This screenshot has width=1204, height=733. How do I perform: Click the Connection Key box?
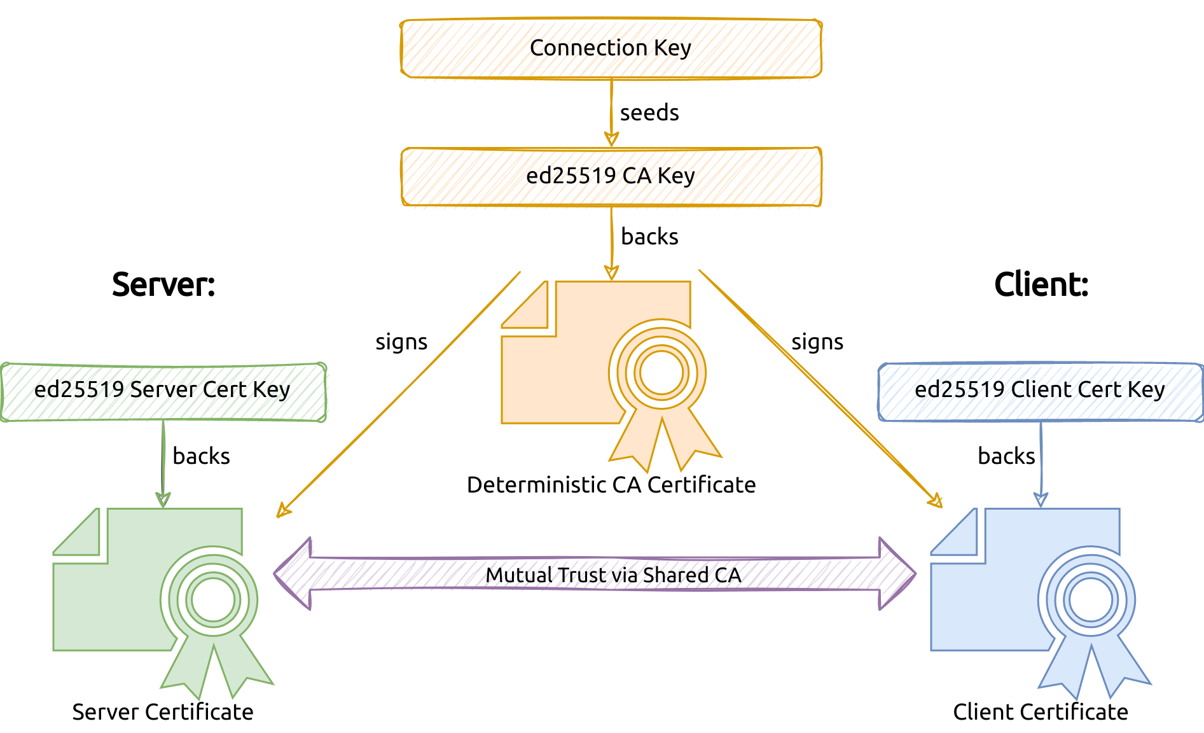[x=611, y=48]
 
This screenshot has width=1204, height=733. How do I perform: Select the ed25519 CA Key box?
[x=611, y=176]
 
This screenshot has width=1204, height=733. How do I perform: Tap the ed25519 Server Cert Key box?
[x=163, y=390]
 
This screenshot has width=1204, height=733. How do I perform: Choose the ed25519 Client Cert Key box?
[x=1040, y=390]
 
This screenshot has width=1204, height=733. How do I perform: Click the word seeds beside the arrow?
[x=649, y=113]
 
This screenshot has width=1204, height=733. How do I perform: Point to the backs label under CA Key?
[x=649, y=237]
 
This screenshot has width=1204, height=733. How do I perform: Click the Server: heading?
[x=163, y=284]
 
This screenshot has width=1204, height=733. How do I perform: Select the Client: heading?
[x=1041, y=284]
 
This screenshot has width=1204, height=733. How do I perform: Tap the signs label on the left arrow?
[x=401, y=342]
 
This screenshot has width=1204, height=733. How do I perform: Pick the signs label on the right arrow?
[x=817, y=342]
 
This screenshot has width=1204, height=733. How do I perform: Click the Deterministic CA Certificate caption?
[x=611, y=485]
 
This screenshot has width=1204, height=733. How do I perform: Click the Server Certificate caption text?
[x=163, y=712]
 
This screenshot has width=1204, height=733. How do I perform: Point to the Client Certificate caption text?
[x=1041, y=712]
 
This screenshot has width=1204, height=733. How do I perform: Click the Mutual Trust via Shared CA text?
[x=613, y=575]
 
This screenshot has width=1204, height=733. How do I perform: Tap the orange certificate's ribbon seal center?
[x=661, y=373]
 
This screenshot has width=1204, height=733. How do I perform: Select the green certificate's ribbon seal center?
[x=213, y=600]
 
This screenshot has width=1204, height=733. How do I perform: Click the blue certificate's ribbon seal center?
[x=1090, y=600]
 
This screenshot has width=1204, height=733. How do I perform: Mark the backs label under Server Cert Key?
[x=201, y=456]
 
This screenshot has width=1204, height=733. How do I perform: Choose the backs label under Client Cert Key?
[x=1006, y=456]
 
